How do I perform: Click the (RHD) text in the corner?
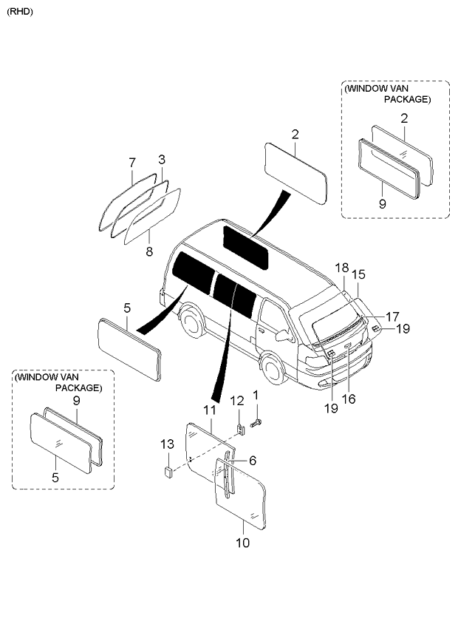coord(20,12)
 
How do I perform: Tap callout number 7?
coord(132,163)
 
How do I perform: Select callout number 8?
coord(149,251)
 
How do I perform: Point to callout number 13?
coord(168,444)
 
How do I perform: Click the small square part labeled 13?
coord(168,472)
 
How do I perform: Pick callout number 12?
coord(237,400)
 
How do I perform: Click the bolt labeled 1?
coord(256,423)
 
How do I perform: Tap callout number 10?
coord(242,543)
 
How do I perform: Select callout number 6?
coord(252,460)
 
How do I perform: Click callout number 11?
coord(209,410)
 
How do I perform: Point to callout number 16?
coord(349,399)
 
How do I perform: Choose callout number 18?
coord(342,268)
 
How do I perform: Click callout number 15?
coord(358,274)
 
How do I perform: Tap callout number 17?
coord(392,316)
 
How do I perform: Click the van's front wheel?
coord(273,369)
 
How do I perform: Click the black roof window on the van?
coord(245,248)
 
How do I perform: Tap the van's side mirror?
coord(284,335)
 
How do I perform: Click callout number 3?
coord(162,160)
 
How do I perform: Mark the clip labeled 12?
coord(241,430)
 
